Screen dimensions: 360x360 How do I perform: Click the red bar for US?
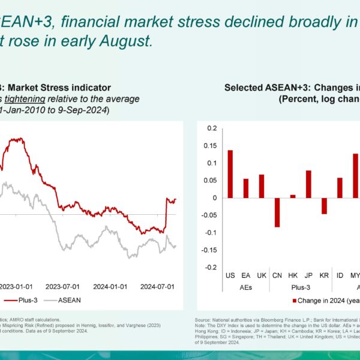point(230,173)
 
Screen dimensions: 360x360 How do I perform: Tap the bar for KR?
point(324,205)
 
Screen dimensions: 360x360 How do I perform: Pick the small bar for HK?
point(293,196)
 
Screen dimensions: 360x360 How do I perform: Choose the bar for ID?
point(340,187)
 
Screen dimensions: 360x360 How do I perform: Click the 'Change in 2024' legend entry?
point(325,300)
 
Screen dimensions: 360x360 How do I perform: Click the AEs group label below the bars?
point(246,287)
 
